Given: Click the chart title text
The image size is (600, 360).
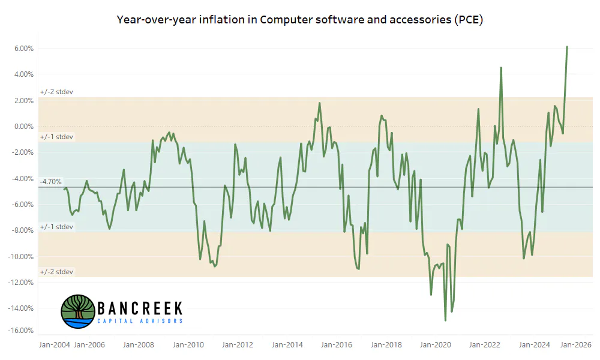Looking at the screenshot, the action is [x=299, y=20].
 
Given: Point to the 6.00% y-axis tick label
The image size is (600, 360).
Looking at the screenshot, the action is [x=24, y=49].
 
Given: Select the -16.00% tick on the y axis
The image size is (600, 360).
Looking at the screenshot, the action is [x=20, y=331].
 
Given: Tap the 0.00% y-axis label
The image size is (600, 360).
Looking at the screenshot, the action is [x=24, y=127].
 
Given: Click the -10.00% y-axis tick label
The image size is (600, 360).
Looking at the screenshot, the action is [x=20, y=257].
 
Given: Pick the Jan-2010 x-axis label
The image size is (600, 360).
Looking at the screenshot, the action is [x=188, y=344].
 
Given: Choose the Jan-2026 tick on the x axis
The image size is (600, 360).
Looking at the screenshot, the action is [x=576, y=344].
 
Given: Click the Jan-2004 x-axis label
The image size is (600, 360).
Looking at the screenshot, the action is [x=55, y=344].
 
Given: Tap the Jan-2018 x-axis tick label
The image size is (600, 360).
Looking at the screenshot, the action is [x=386, y=344].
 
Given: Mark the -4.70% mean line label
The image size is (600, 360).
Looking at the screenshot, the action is [x=51, y=182].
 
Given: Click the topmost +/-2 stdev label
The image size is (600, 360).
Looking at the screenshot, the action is [x=56, y=92].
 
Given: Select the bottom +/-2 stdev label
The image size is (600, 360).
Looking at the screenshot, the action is [x=56, y=272].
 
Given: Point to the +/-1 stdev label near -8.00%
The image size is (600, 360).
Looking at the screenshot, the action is [x=56, y=227].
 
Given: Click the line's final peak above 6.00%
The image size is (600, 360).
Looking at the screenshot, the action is [x=567, y=47].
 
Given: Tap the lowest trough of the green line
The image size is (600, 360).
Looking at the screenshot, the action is [x=445, y=320].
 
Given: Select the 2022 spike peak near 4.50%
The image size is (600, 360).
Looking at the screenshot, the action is [x=501, y=68].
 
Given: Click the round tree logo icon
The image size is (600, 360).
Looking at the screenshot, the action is [x=78, y=311].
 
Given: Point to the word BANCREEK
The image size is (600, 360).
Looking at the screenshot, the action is [x=140, y=308].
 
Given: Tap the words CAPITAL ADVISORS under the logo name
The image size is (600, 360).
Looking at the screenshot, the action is [x=140, y=320].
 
